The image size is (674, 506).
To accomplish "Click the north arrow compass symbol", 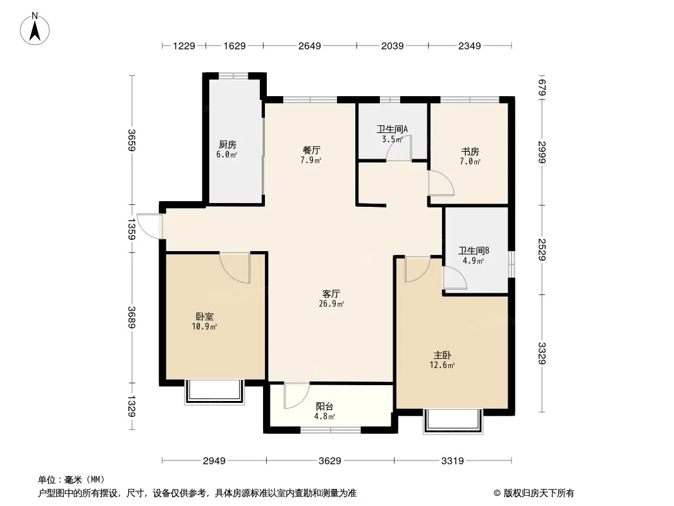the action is coord(35,29).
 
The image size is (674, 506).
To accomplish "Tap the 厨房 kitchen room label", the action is coord(228,145).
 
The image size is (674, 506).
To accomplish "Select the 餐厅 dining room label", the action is coord(311,151).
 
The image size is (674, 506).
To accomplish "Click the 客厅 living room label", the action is coord(331,293).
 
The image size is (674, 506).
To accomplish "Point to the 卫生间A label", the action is coord(393,129).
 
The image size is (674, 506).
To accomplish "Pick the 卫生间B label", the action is coord(474,250).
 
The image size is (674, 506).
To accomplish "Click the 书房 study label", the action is coord(470,151).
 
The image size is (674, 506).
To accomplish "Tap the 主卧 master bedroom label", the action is coord(443,355).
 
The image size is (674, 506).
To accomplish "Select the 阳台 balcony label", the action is coord(324,406).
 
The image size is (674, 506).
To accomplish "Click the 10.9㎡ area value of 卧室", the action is coord(204,327).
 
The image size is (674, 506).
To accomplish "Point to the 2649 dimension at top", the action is coord(309,46).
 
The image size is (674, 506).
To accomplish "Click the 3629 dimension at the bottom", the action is coord(329,461).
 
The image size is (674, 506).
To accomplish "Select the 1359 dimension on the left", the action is coord(132,229).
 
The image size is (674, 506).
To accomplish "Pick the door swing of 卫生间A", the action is coord(398,148).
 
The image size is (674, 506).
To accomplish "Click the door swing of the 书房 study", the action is coord(441,183).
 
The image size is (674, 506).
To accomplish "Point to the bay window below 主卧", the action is coord(453,421).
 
